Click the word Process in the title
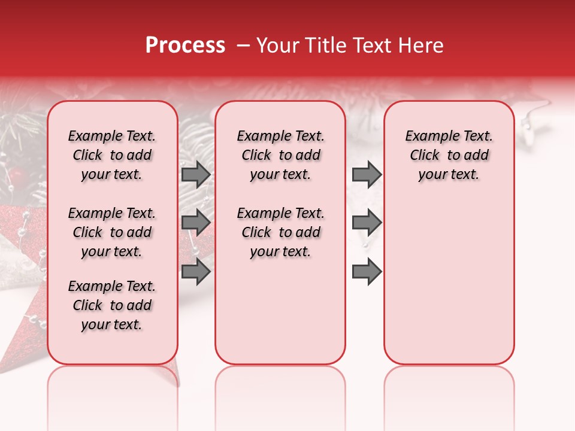184,45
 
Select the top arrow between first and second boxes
196,174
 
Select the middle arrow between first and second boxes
196,223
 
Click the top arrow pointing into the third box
367,174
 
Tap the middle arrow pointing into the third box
367,223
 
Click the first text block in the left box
112,155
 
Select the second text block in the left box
112,232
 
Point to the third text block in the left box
112,305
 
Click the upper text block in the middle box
280,155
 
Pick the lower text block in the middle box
280,232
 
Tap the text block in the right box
449,155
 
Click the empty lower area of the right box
449,281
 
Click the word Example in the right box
428,136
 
